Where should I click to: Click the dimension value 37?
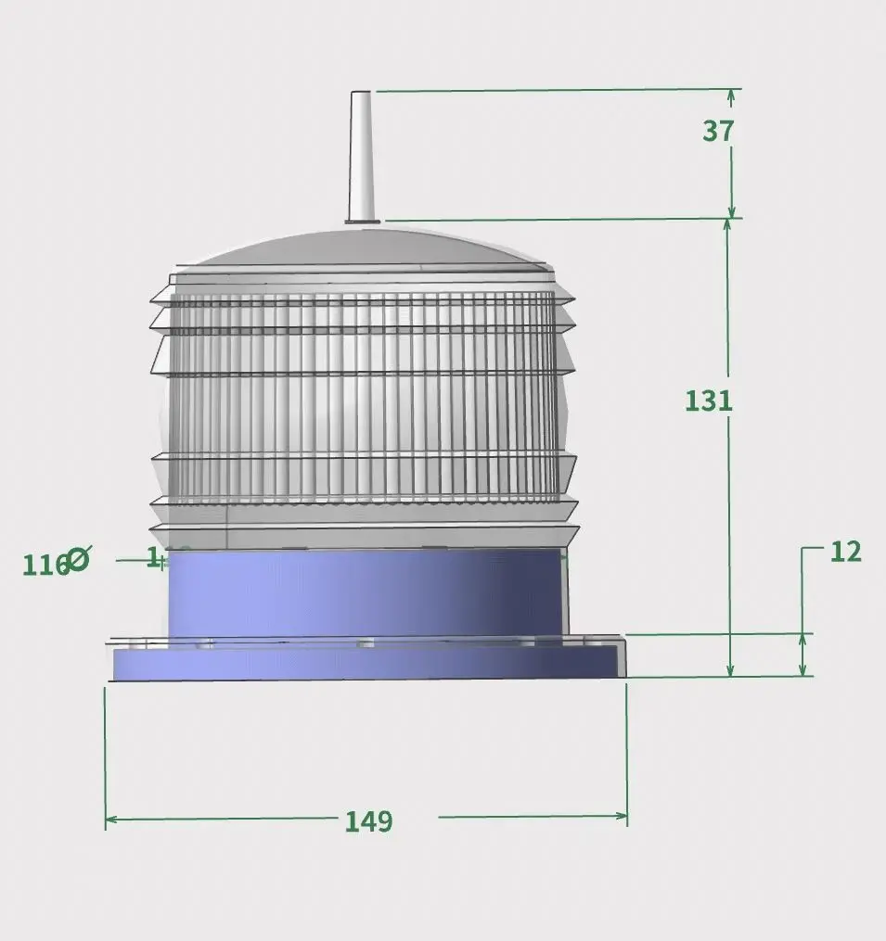click(718, 132)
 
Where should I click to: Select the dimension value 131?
click(709, 401)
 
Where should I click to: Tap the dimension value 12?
click(845, 552)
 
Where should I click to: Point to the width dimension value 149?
click(368, 821)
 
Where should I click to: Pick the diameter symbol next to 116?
click(79, 558)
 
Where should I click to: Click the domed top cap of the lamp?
click(362, 248)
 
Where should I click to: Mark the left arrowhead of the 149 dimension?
click(110, 820)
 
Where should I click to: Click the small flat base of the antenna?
click(362, 221)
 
